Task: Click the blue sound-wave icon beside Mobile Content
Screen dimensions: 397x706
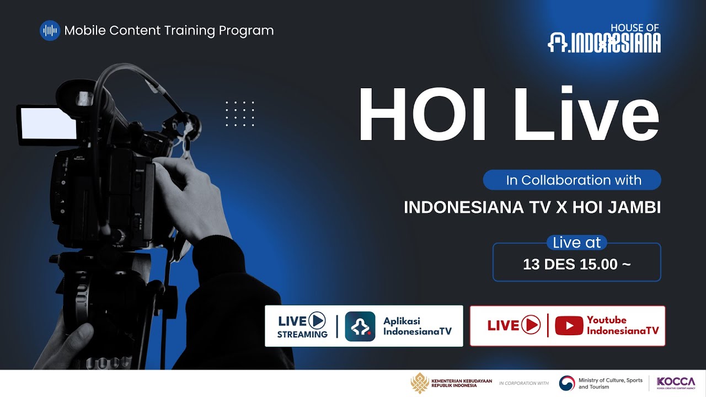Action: (x=50, y=30)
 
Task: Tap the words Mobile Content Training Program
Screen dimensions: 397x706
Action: (x=169, y=30)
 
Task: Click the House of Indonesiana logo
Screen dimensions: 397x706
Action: (x=604, y=39)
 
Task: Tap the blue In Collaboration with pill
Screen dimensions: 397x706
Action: (x=572, y=180)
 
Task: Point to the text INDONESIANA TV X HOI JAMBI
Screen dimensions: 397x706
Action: (x=532, y=207)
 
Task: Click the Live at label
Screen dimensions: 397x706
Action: (x=576, y=243)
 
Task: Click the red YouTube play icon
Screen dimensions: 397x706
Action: (x=569, y=326)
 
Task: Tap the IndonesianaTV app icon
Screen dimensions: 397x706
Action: (x=360, y=326)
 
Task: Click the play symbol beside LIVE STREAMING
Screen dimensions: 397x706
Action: (x=317, y=320)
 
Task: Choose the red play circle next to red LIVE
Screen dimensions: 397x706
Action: (x=531, y=325)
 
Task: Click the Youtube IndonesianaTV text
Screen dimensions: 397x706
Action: (x=622, y=325)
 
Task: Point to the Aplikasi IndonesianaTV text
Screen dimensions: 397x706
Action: (x=417, y=326)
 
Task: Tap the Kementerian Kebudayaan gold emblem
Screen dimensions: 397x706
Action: (x=419, y=383)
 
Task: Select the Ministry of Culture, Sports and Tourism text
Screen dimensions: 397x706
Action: (x=610, y=383)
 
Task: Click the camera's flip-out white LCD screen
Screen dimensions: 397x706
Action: (x=47, y=124)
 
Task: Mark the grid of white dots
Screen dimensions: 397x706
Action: (x=240, y=114)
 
